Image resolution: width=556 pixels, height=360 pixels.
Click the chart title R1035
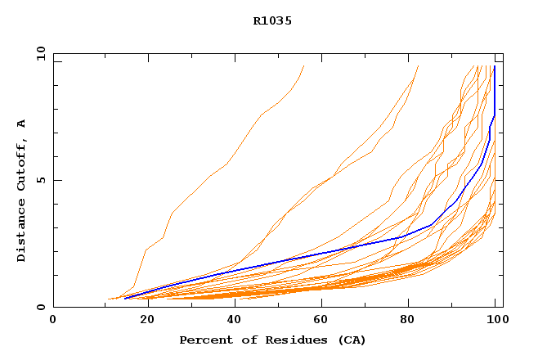(272, 21)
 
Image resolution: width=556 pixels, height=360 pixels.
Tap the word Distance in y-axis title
(22, 232)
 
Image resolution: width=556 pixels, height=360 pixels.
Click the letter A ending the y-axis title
(22, 124)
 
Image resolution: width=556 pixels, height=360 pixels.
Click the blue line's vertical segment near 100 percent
(495, 90)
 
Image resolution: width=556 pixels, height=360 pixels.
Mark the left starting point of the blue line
(124, 299)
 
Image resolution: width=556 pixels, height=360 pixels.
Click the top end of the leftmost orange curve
(303, 66)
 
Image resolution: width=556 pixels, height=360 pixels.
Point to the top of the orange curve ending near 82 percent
(418, 66)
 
